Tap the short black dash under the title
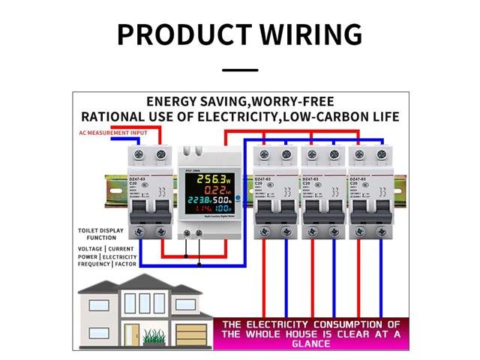(240, 70)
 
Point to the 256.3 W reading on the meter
(205, 180)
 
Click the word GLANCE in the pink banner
(310, 344)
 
